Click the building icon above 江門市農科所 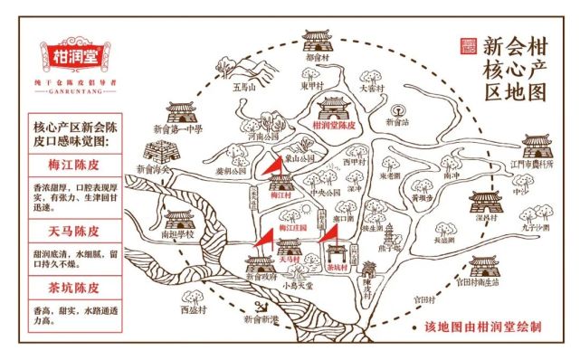(x=534, y=145)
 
